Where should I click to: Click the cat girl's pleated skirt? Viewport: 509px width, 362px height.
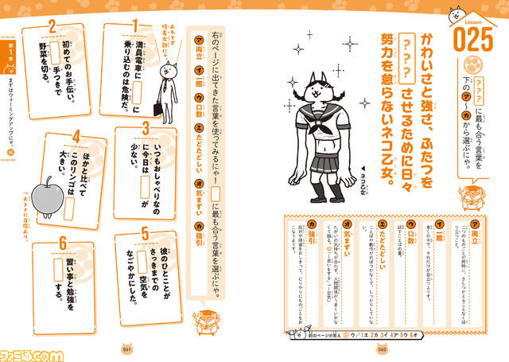[317, 169]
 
